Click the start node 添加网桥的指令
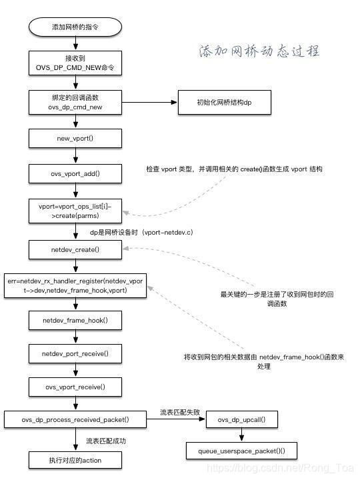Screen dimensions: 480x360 [75, 27]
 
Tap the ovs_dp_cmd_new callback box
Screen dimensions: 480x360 [75, 102]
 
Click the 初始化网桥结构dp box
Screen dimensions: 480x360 [224, 103]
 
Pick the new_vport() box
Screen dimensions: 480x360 [75, 138]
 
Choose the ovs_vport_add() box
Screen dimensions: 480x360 [75, 174]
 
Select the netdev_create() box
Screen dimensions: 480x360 [75, 249]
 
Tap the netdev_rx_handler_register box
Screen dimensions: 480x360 [75, 286]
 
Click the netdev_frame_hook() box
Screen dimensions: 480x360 [75, 320]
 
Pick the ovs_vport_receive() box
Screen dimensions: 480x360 [75, 386]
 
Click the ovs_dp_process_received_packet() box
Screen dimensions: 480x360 [75, 420]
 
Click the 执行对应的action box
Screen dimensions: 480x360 [75, 459]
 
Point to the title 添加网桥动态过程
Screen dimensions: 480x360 [259, 51]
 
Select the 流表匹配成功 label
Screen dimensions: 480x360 [106, 441]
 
